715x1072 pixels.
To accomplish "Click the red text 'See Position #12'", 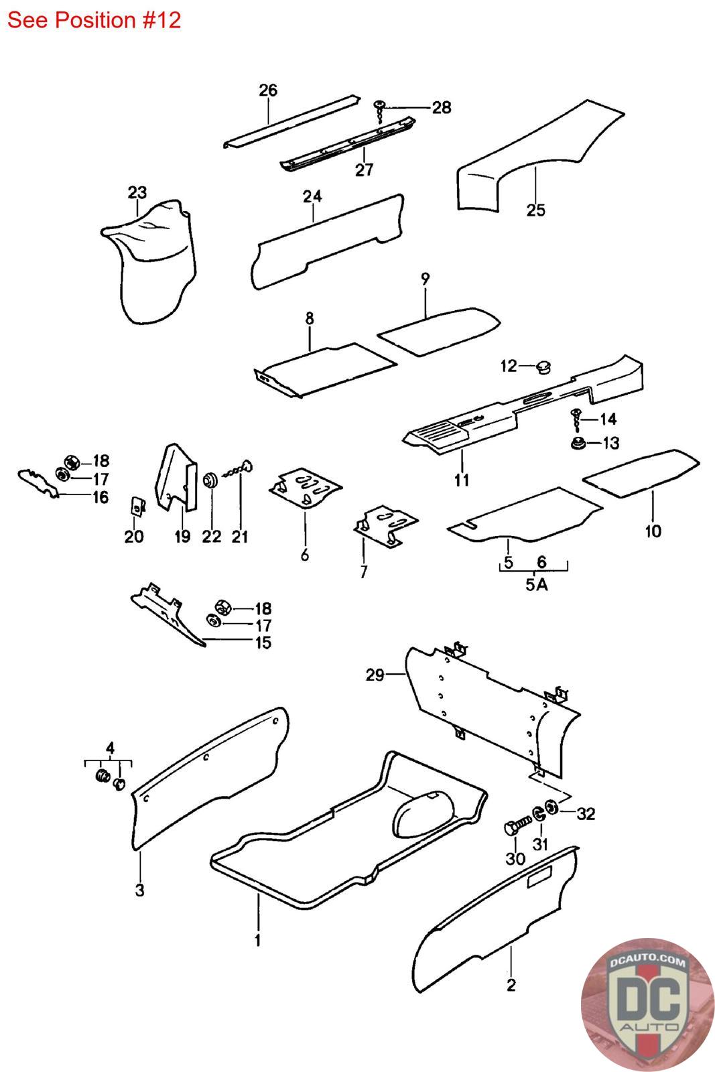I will tap(94, 20).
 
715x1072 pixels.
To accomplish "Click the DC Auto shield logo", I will tap(647, 1004).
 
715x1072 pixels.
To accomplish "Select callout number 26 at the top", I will tap(267, 90).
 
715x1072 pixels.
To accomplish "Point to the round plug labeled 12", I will tap(545, 366).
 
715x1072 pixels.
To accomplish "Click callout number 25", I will tap(536, 210).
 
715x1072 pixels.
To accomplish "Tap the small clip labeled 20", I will tap(136, 506).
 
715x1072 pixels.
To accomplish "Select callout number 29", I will tap(375, 675).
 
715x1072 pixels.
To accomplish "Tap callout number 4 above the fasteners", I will tap(110, 747).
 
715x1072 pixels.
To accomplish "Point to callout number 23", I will tap(137, 193).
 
